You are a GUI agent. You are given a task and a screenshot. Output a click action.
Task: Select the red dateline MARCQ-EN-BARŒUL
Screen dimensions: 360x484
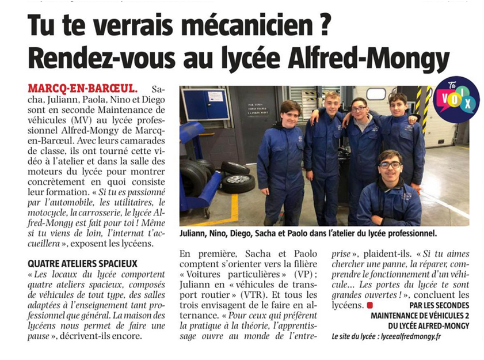tap(83, 89)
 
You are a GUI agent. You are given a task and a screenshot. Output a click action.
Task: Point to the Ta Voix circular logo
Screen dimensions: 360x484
tap(456, 100)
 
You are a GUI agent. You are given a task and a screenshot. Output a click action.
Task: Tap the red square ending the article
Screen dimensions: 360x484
tap(371, 305)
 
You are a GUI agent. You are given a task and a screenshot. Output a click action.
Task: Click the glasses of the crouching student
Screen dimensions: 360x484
tap(390, 165)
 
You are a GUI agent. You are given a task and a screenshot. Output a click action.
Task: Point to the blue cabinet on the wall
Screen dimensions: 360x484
tap(205, 104)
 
